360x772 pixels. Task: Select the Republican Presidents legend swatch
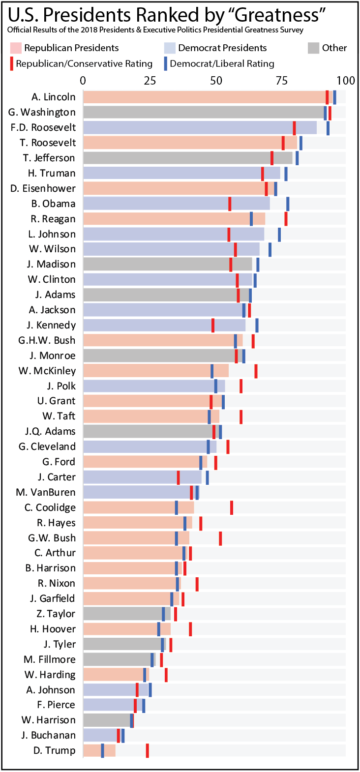click(x=15, y=48)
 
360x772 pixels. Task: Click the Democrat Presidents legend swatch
click(x=169, y=48)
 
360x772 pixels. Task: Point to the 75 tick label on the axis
click(x=282, y=81)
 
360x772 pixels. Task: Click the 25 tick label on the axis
click(x=150, y=81)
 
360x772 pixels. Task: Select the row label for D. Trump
click(x=54, y=750)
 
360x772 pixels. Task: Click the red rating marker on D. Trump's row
click(x=147, y=750)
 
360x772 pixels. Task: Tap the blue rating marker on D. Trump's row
click(x=102, y=750)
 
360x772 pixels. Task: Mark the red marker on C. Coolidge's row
click(x=232, y=507)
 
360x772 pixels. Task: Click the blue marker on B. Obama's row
click(x=288, y=204)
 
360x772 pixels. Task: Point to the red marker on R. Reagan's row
click(x=286, y=219)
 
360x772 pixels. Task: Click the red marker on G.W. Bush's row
click(x=220, y=538)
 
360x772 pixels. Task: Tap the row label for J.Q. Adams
click(x=50, y=431)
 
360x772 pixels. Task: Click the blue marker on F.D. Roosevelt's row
click(x=328, y=127)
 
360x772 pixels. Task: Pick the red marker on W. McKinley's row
click(x=256, y=371)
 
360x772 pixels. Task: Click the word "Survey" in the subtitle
click(x=292, y=30)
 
